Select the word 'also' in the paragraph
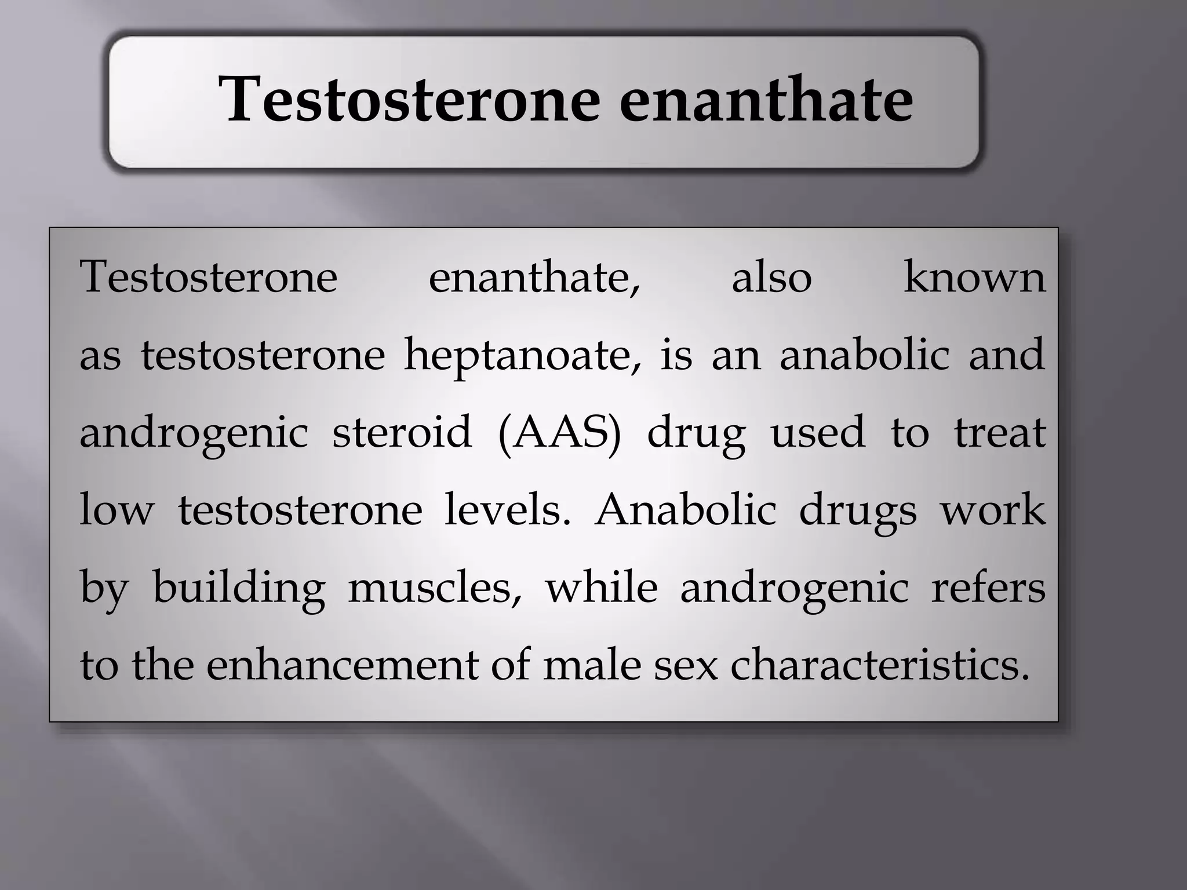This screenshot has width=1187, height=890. [x=771, y=278]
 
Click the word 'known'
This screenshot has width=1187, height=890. [x=974, y=278]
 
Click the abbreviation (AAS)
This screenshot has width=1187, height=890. [x=559, y=433]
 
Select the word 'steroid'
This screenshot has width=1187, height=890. [x=402, y=433]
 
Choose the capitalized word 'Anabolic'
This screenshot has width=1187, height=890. [x=685, y=510]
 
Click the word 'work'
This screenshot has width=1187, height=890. [x=993, y=510]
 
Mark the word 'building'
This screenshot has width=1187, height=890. [x=238, y=588]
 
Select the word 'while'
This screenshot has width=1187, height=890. [x=601, y=588]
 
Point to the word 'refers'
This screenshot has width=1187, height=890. [x=988, y=588]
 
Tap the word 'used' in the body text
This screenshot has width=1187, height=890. [x=817, y=433]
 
